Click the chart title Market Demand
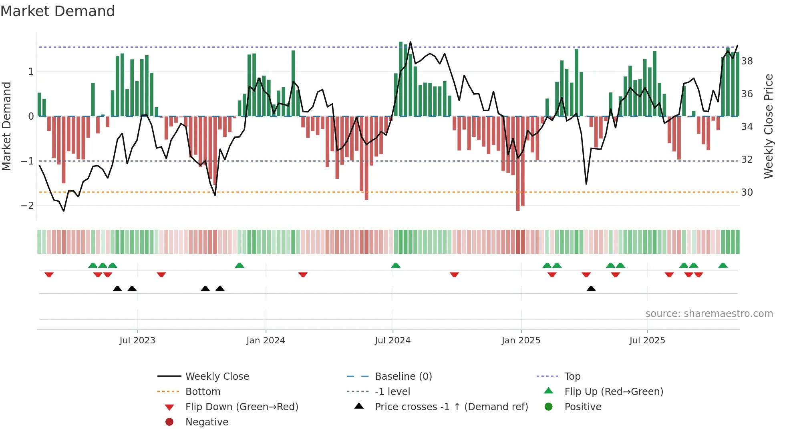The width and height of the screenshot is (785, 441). [x=58, y=11]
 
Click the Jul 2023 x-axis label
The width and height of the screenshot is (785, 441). [x=137, y=341]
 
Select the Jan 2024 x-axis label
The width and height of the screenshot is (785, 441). [x=266, y=341]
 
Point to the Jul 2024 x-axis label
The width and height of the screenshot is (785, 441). [x=392, y=341]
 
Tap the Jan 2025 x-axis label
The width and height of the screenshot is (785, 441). [x=521, y=341]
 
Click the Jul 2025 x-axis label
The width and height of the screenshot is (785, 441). [x=647, y=341]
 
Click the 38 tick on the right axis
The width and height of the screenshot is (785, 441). [x=747, y=61]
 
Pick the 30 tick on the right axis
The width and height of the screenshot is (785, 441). [x=747, y=192]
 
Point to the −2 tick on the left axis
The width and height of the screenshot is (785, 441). [x=28, y=206]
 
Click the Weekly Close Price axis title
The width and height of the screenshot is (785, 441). [x=768, y=126]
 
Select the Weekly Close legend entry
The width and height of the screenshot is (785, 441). [x=217, y=377]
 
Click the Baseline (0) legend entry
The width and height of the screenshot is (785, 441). [x=403, y=377]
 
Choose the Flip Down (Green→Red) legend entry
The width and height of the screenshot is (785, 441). [x=242, y=407]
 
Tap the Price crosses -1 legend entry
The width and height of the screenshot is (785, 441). [x=451, y=407]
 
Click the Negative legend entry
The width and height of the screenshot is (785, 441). [x=207, y=422]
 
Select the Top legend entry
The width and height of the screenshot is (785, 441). [x=572, y=377]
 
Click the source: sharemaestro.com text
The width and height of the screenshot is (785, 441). [x=709, y=314]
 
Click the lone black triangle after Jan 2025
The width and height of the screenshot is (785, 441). [x=591, y=289]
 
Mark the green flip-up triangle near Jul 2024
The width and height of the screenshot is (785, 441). [x=396, y=265]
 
